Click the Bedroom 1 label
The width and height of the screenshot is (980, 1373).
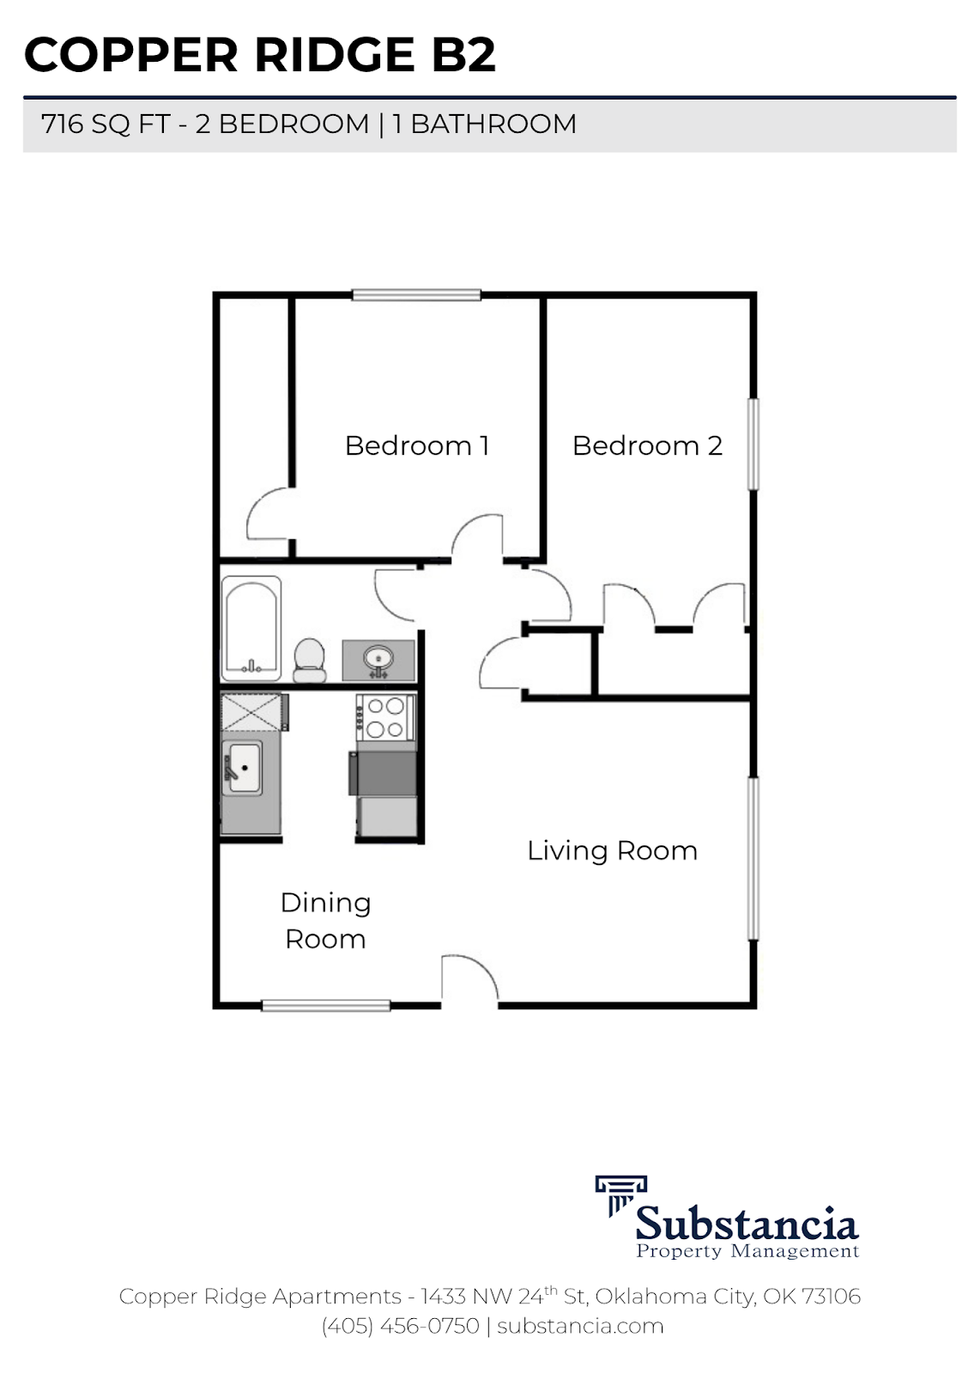point(416,445)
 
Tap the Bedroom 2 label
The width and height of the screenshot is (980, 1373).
point(647,445)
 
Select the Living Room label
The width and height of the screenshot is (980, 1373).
point(612,850)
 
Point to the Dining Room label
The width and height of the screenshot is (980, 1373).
point(325,920)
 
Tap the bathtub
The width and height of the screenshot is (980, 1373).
point(251,628)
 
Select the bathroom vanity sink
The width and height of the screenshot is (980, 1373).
point(378,660)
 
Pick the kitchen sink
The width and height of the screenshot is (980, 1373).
point(244,766)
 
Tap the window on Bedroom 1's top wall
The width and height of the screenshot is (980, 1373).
point(416,295)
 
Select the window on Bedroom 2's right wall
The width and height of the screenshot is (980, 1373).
point(753,444)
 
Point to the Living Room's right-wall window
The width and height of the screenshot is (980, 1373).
point(753,858)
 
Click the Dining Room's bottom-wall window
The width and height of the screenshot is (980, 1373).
point(325,1005)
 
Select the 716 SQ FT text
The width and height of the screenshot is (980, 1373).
point(106,124)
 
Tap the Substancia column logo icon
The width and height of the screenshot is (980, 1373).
point(620,1195)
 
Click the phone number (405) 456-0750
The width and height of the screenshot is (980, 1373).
point(400,1326)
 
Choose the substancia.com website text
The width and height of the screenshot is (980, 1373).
point(580,1326)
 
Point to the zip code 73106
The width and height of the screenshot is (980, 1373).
point(831,1296)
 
